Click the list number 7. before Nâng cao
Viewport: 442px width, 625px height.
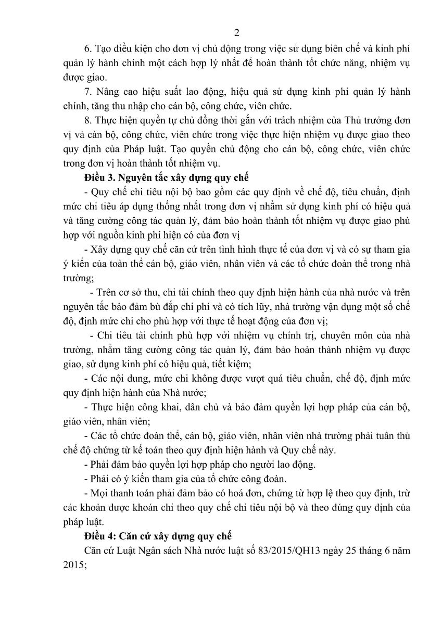point(86,92)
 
